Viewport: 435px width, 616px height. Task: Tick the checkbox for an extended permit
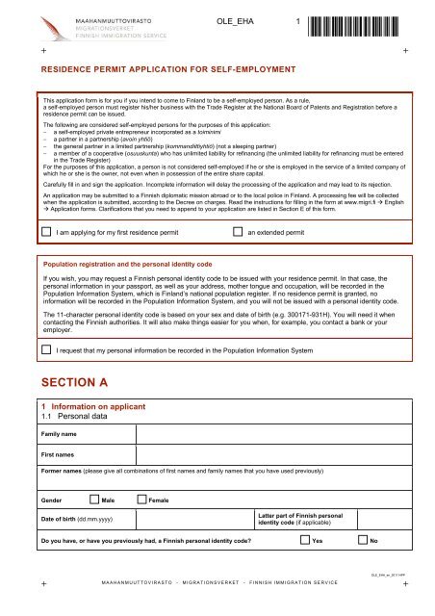(x=238, y=232)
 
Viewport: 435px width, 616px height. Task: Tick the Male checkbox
(x=93, y=501)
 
